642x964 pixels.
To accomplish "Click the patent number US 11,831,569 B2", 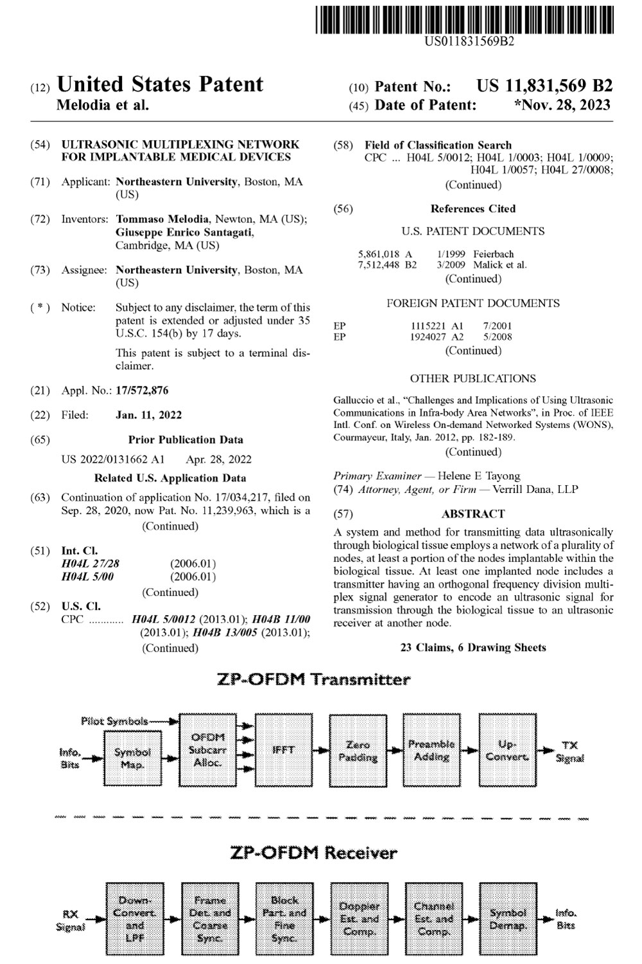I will pyautogui.click(x=544, y=86).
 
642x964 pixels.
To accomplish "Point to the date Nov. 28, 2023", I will pyautogui.click(x=563, y=105).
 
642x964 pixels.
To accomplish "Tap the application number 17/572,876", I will pyautogui.click(x=142, y=390).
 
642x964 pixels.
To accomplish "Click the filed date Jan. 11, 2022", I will pyautogui.click(x=148, y=415).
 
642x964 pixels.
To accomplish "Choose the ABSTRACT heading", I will pyautogui.click(x=473, y=514).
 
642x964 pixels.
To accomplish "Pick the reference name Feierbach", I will pyautogui.click(x=494, y=254).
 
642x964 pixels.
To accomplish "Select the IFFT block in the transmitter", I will pyautogui.click(x=283, y=749).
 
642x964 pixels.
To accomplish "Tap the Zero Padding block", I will pyautogui.click(x=358, y=750).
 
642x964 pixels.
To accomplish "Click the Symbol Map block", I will pyautogui.click(x=133, y=758).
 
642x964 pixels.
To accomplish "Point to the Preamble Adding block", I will pyautogui.click(x=431, y=750).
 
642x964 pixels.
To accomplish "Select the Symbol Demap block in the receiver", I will pyautogui.click(x=508, y=918).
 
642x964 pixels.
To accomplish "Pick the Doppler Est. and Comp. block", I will pyautogui.click(x=359, y=918).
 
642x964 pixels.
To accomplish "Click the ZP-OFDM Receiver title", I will pyautogui.click(x=313, y=853).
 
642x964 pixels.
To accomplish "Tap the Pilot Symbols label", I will pyautogui.click(x=114, y=721).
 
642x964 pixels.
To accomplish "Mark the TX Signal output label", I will pyautogui.click(x=569, y=751).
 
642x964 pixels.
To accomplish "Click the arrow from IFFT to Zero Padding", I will pyautogui.click(x=320, y=749).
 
